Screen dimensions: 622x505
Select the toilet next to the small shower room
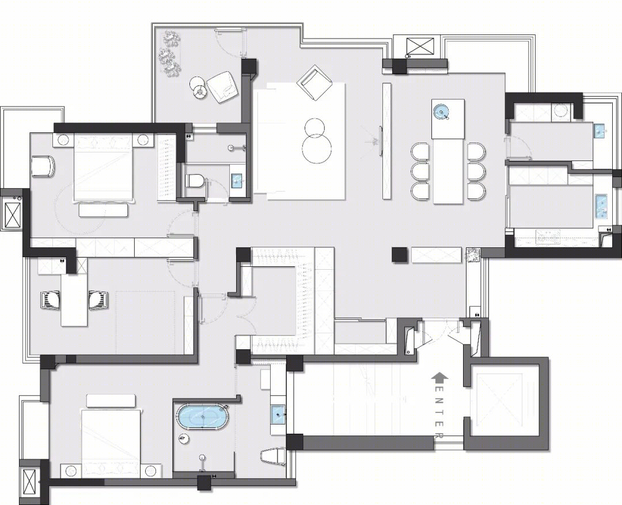[195, 181]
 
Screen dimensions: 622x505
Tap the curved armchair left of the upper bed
[43, 166]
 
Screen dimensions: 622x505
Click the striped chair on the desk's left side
[50, 299]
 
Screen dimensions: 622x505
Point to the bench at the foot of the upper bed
[104, 210]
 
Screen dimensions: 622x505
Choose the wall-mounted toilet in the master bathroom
[274, 456]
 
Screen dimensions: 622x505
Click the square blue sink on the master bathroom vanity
[279, 414]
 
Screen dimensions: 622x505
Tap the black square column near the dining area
[400, 254]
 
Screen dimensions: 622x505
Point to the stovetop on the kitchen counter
[549, 236]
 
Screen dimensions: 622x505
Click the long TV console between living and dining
[387, 140]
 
